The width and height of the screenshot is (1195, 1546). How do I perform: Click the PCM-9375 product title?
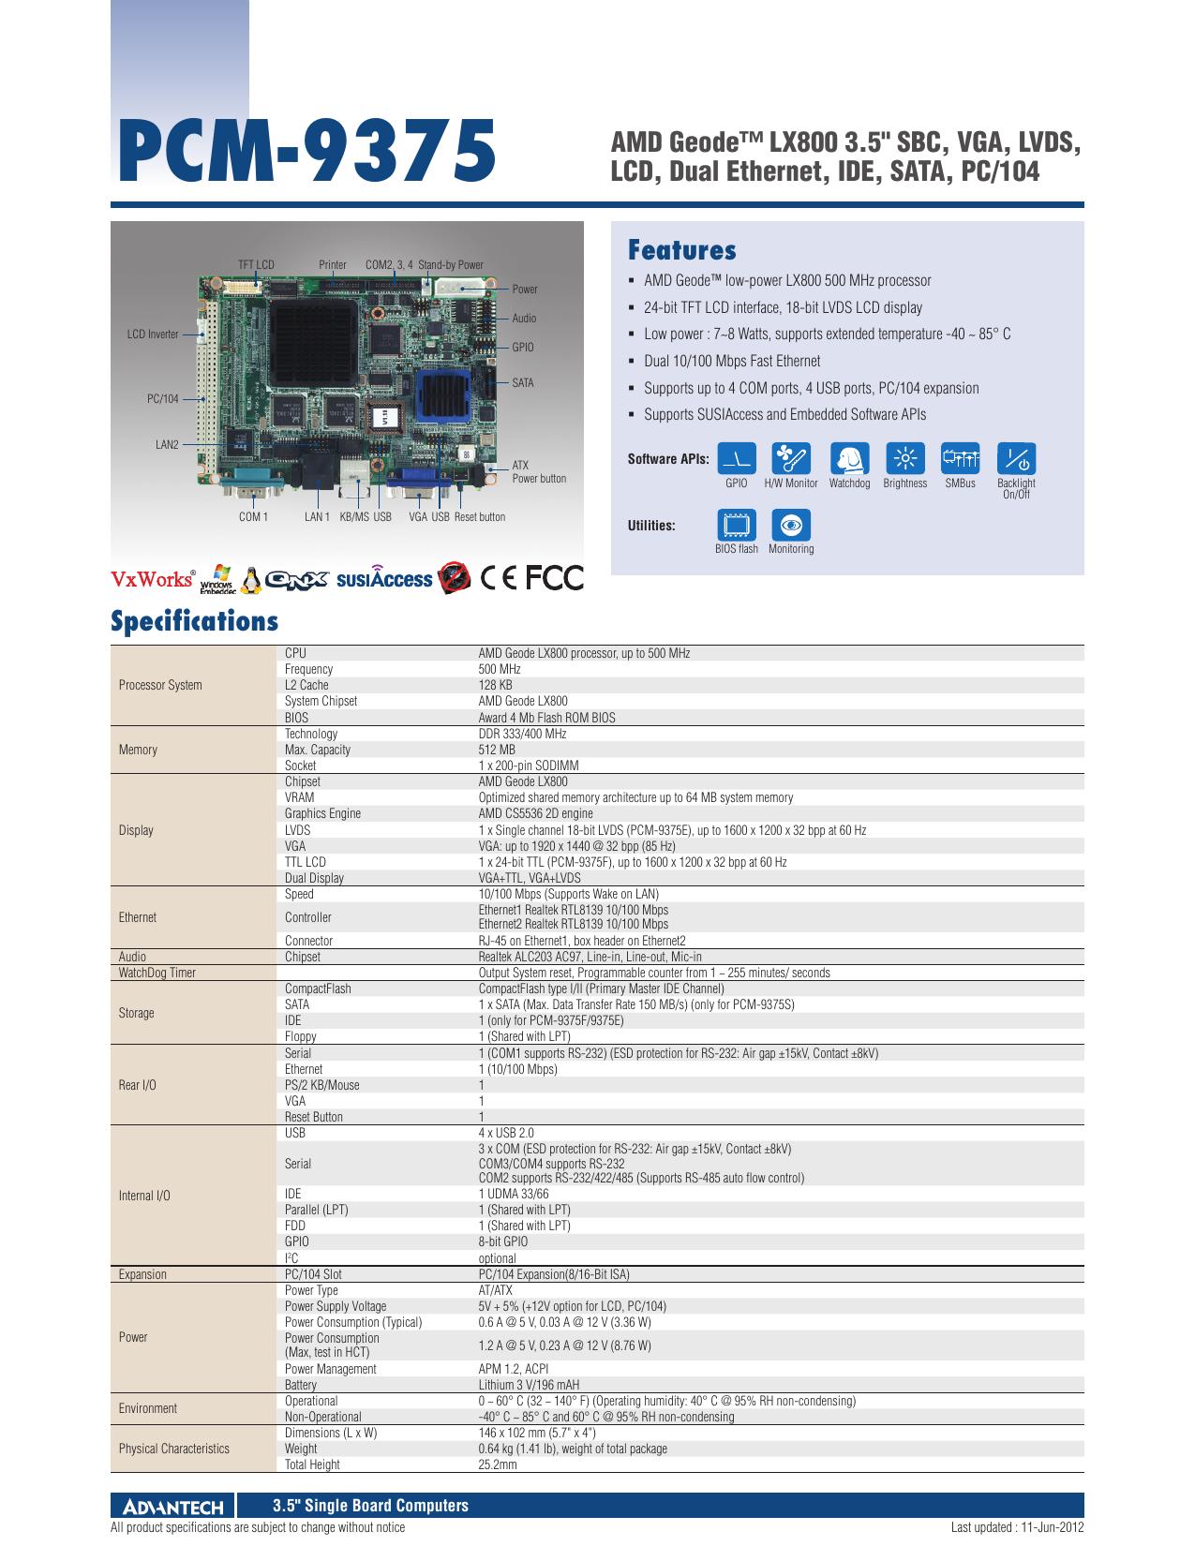[306, 151]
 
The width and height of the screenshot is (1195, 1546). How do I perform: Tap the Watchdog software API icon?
[849, 458]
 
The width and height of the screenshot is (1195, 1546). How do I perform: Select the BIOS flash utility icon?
[737, 525]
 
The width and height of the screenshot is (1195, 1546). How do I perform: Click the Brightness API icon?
[905, 458]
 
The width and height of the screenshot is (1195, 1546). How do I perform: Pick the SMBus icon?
[960, 458]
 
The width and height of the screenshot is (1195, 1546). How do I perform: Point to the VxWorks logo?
[153, 579]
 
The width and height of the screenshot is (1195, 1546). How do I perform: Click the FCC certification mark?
[555, 578]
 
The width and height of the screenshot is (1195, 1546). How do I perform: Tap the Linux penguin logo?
[250, 581]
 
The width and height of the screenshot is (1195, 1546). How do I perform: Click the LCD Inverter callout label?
[153, 334]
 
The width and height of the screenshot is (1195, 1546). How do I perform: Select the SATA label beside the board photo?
[522, 383]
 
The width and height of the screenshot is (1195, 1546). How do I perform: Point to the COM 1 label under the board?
[253, 516]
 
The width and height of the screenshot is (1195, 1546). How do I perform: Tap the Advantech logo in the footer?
[173, 1507]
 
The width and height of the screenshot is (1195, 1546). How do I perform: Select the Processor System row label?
[160, 685]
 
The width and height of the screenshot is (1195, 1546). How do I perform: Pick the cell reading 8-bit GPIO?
[503, 1241]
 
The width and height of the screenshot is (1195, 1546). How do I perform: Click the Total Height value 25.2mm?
[498, 1464]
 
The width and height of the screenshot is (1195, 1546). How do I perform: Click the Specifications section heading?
[194, 621]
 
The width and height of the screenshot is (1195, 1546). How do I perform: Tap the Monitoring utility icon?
[791, 525]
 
